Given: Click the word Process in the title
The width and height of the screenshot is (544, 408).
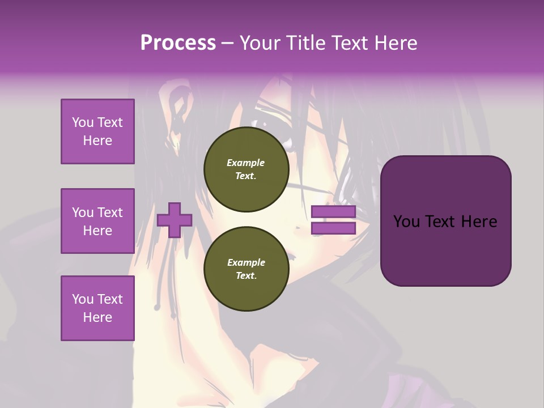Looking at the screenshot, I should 178,43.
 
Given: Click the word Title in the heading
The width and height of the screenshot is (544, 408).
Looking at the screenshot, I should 303,43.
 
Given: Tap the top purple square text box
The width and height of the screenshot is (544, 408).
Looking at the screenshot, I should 97,131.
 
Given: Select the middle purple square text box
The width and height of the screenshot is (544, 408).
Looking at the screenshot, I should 97,221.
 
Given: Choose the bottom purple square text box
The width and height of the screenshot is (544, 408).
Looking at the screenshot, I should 97,308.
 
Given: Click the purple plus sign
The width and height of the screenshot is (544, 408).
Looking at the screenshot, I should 175,220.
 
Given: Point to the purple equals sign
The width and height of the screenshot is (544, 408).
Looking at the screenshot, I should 333,220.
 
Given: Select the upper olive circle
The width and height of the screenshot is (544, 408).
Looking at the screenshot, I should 246,169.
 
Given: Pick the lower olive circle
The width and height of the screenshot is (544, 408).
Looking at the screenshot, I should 246,269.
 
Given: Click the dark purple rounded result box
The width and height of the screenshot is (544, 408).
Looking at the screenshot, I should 445,220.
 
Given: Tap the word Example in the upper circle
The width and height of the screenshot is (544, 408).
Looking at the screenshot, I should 246,163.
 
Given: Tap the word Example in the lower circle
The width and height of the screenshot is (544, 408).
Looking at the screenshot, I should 246,262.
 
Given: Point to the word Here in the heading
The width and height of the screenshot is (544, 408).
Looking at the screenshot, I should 397,43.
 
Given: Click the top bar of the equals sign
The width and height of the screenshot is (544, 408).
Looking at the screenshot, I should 333,212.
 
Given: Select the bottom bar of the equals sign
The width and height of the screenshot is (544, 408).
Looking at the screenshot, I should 333,228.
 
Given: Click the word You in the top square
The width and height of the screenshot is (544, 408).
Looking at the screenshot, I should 83,122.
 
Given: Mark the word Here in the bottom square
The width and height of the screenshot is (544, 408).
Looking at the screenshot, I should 97,317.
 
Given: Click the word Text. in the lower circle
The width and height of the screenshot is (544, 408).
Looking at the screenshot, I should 246,276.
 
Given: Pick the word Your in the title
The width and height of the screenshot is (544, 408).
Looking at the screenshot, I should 260,43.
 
